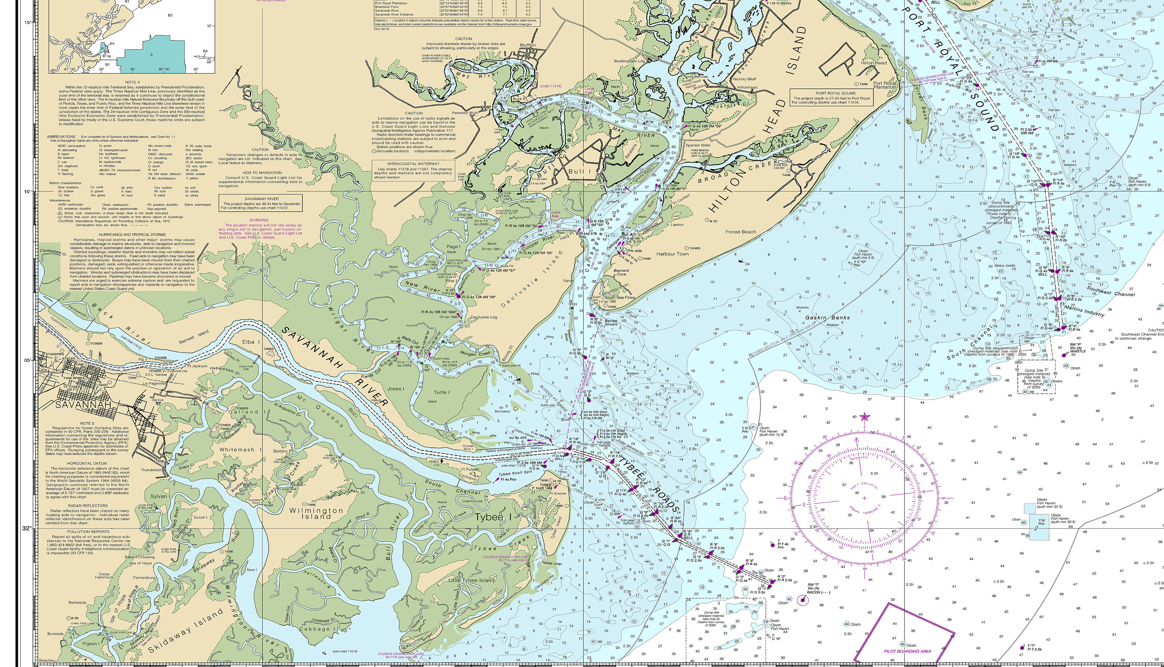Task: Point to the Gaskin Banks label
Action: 827,317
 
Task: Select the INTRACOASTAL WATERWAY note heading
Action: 413,163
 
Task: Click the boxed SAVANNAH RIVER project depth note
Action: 261,203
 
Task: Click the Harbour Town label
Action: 672,254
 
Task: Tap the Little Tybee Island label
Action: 471,580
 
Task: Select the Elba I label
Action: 251,342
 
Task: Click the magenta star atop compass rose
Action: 864,416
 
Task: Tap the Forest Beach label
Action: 740,232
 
